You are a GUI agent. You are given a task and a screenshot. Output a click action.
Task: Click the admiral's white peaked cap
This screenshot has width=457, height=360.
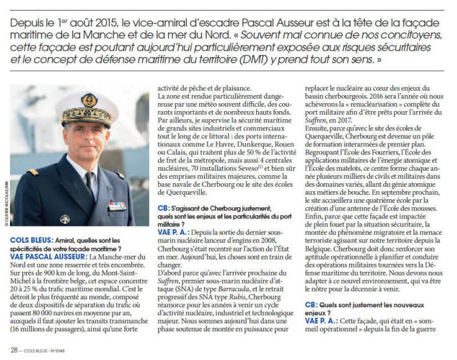pos(86,107)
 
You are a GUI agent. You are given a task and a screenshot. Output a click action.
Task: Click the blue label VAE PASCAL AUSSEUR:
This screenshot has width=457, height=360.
pos(41,255)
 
